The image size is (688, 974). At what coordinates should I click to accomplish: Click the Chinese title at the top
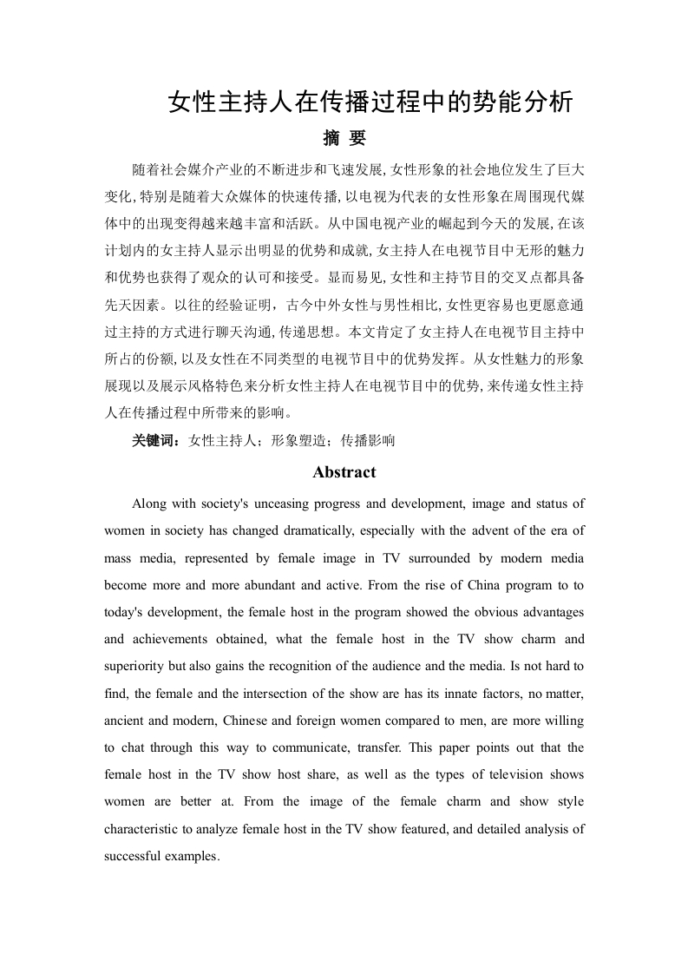370,102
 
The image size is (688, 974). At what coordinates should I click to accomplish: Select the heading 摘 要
344,139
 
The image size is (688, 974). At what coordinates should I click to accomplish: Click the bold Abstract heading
344,472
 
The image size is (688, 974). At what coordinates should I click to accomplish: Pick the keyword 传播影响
368,440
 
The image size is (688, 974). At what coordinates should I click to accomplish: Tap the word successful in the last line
132,856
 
